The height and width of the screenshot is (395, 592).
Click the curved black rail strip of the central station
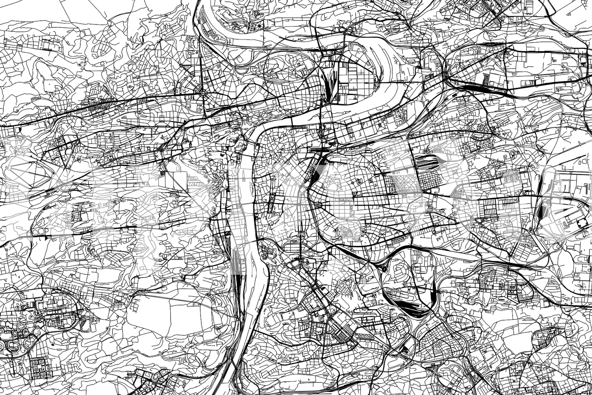(315, 173)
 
